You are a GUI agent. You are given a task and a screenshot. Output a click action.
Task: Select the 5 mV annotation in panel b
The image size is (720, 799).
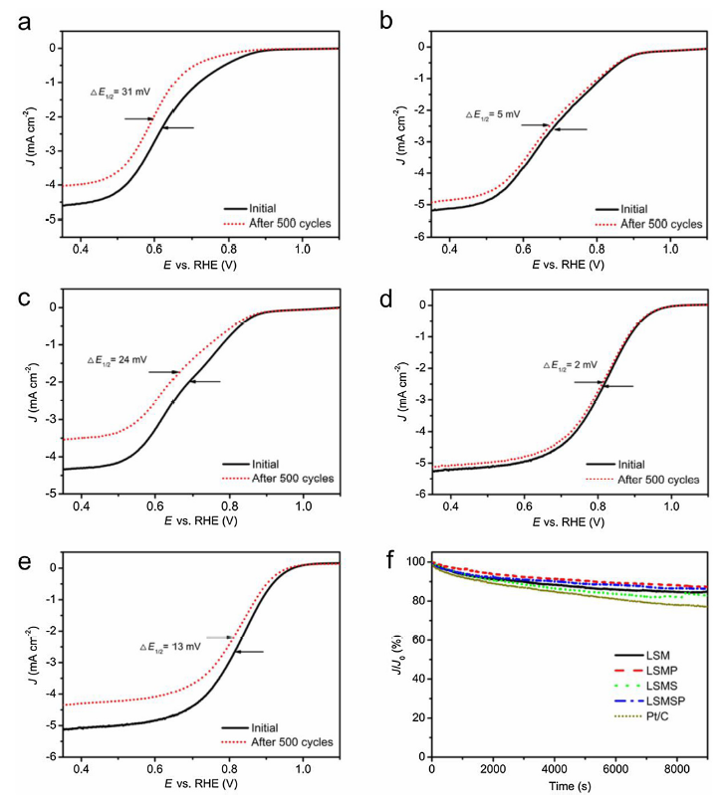(493, 114)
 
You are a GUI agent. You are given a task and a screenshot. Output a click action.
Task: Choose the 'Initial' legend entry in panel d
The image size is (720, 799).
(636, 464)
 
